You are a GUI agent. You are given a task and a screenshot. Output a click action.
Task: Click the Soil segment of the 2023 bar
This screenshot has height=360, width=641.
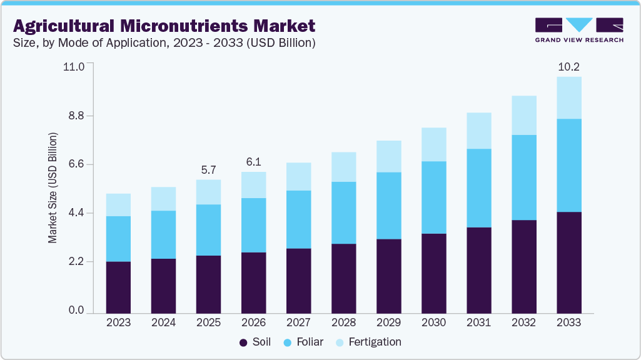[118, 287]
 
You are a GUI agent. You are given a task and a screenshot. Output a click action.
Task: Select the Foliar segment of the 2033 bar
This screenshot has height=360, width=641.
[568, 165]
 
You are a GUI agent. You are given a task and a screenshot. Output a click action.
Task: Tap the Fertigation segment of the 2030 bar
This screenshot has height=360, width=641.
[433, 144]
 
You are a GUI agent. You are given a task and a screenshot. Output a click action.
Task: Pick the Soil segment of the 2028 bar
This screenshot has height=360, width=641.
[343, 278]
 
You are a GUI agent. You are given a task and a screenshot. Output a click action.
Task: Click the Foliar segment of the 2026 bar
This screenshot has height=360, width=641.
[253, 225]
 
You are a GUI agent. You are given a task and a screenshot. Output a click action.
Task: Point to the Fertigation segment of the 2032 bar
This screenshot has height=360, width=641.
[523, 115]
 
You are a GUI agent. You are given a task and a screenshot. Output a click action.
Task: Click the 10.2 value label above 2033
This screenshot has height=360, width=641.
[568, 67]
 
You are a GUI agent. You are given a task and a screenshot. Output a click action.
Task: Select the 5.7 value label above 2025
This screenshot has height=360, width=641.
[208, 169]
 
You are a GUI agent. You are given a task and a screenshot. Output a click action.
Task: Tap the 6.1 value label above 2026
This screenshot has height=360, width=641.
[253, 162]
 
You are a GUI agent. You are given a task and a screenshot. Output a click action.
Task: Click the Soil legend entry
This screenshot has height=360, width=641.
[255, 342]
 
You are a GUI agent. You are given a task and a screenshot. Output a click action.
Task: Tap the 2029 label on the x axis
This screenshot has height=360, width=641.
[388, 322]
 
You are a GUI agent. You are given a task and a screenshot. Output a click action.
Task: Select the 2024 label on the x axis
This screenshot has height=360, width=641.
[163, 322]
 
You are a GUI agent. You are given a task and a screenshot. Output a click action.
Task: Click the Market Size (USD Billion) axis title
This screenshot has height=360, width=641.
[53, 188]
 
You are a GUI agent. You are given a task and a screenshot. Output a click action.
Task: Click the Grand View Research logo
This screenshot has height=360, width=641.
[578, 30]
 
